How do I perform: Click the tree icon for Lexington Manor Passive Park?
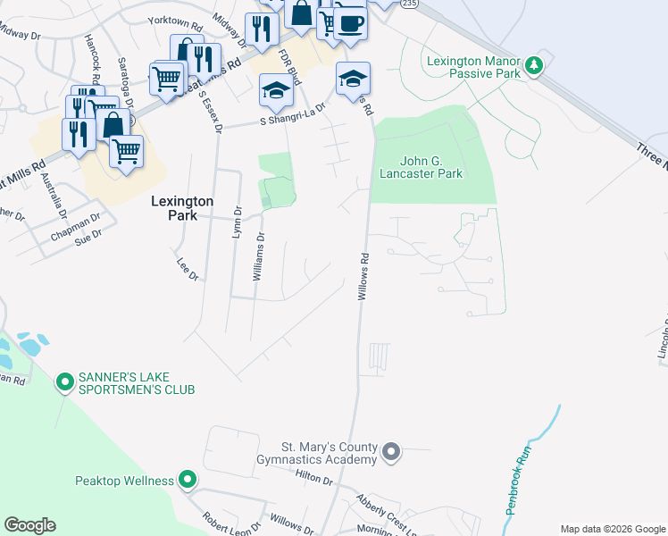click(x=534, y=65)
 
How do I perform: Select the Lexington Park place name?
click(x=182, y=208)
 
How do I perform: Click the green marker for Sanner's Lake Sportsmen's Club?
click(x=64, y=383)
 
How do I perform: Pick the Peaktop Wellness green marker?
click(x=187, y=481)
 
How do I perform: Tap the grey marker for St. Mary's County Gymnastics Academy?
click(x=390, y=453)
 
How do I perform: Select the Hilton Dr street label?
click(x=314, y=481)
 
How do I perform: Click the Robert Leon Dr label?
click(x=230, y=522)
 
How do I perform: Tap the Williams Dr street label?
click(x=258, y=257)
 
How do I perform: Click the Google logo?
click(x=29, y=525)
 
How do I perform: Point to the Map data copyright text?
click(x=612, y=529)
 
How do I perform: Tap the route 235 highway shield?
click(x=408, y=4)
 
